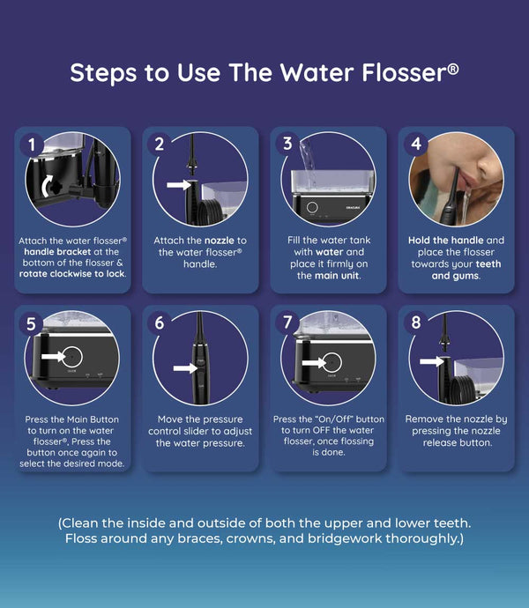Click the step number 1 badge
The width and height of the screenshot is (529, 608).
[32, 145]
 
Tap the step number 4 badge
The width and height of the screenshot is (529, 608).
[415, 145]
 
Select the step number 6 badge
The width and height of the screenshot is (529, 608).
[159, 323]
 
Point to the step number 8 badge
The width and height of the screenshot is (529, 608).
[415, 323]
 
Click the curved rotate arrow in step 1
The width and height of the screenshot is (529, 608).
[46, 185]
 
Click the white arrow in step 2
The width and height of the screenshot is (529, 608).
[179, 185]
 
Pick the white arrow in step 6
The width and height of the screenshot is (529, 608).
[185, 367]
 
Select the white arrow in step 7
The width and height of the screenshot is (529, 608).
[314, 363]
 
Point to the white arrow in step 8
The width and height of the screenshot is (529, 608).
[432, 361]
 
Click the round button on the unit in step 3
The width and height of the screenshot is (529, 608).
[312, 207]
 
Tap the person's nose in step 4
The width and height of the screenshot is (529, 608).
[487, 163]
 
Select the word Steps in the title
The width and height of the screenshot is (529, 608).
[103, 73]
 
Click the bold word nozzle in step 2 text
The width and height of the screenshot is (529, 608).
[220, 241]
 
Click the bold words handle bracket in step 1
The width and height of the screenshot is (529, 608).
[57, 252]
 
